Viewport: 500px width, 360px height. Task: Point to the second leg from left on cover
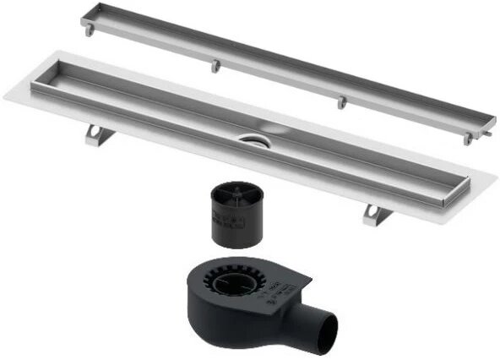click(215, 65)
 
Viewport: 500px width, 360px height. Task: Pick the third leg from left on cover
click(341, 101)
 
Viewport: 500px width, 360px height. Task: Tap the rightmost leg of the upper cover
click(467, 137)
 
